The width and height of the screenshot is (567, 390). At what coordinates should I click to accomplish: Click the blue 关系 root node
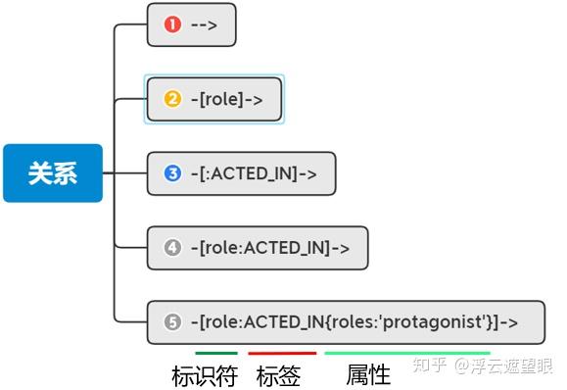[x=52, y=172]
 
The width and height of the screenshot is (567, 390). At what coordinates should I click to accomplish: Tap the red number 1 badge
[x=173, y=24]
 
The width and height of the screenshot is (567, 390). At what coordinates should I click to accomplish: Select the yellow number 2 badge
[x=173, y=99]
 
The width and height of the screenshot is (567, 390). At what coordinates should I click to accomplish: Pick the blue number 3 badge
[x=173, y=173]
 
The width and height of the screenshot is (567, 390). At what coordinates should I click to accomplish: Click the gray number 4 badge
[x=173, y=248]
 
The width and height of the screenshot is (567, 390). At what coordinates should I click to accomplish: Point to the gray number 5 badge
[x=173, y=321]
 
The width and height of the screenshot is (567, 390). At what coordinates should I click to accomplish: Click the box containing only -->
[x=192, y=24]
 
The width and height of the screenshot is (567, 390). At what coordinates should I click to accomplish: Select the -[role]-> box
[x=214, y=99]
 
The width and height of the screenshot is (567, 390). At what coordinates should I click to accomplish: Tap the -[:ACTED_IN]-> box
[x=241, y=173]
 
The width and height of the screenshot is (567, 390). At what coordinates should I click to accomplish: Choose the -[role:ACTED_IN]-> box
[x=257, y=248]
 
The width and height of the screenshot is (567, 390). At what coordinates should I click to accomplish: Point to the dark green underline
[x=215, y=353]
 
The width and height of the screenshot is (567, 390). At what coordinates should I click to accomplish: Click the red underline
[x=282, y=353]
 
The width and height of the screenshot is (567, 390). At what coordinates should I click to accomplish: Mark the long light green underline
[x=406, y=353]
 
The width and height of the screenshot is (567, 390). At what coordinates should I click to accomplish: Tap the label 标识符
[x=205, y=375]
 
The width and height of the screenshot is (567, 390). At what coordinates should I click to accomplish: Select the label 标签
[x=277, y=375]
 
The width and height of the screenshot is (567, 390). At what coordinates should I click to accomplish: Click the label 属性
[x=368, y=375]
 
